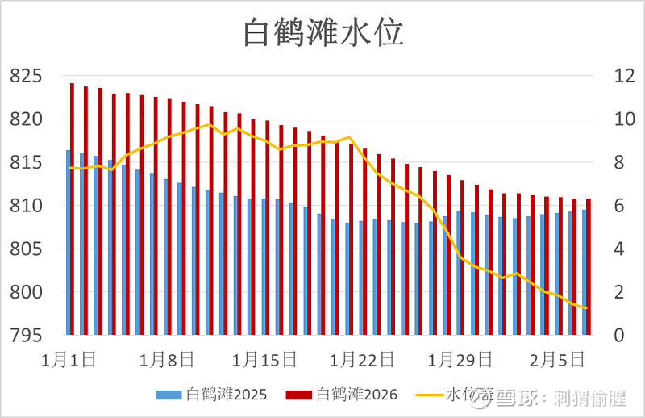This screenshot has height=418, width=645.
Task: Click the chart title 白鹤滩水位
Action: pos(323,33)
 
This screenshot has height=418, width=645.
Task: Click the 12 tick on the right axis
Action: pos(604,77)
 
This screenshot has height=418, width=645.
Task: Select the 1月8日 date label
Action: pos(167,358)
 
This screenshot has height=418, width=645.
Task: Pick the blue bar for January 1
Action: pos(68,242)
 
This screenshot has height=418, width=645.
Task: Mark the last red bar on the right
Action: pos(589,266)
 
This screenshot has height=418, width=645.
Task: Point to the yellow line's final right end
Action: pos(586,307)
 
